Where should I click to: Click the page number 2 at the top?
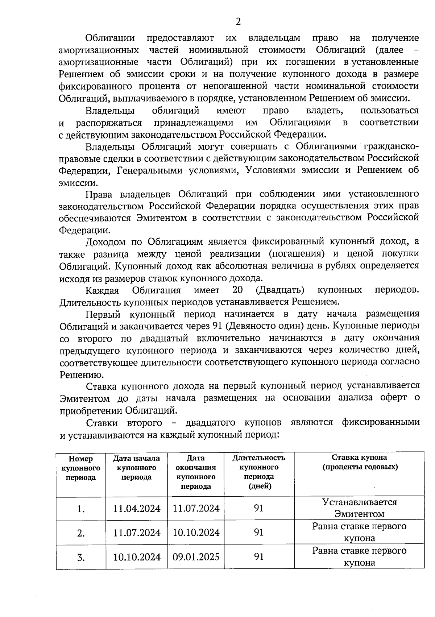[x=238, y=22]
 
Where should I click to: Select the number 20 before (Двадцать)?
[x=237, y=290]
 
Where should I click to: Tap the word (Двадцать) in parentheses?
[x=279, y=290]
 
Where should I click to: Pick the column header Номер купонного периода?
[x=81, y=468]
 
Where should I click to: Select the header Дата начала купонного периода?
[x=136, y=468]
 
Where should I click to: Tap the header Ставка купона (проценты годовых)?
[x=360, y=462]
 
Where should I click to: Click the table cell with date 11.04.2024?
[x=137, y=509]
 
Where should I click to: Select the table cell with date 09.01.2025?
[x=196, y=556]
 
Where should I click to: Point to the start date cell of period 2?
[x=137, y=533]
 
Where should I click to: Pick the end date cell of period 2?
[x=196, y=533]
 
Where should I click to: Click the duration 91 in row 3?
[x=259, y=556]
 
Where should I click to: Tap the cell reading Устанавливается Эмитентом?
[x=360, y=508]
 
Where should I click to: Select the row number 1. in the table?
[x=81, y=509]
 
